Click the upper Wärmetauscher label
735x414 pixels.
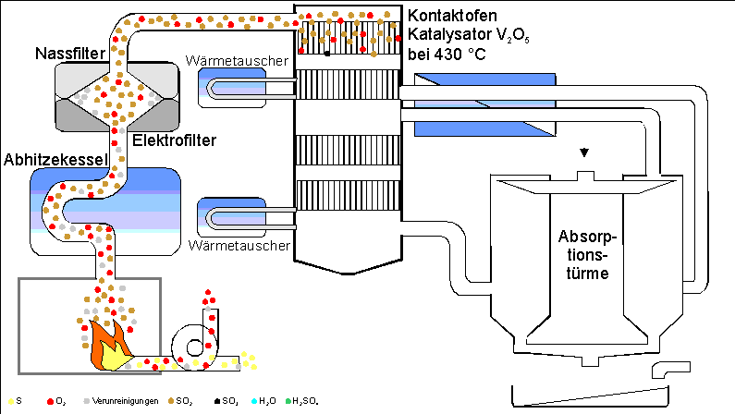239,62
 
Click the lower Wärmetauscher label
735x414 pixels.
239,247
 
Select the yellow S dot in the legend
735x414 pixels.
7,402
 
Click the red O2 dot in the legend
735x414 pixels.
50,402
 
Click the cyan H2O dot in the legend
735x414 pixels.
251,402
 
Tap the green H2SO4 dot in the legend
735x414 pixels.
289,402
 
